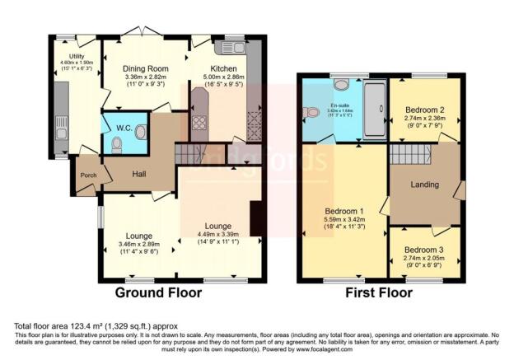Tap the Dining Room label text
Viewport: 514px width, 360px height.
point(145,68)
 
